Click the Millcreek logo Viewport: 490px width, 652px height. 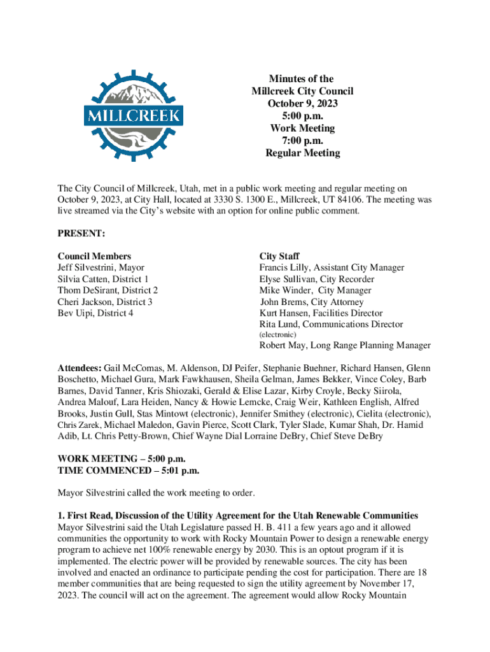(x=134, y=115)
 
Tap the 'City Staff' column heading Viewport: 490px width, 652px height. (x=280, y=257)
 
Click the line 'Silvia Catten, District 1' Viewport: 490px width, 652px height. (x=103, y=279)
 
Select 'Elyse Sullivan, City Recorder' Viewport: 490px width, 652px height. (x=316, y=279)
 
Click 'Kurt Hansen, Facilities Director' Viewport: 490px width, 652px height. (x=321, y=313)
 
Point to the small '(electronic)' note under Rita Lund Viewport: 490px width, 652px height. (x=277, y=334)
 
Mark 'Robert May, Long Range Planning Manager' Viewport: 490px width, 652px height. (x=344, y=346)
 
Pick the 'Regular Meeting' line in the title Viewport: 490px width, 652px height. (x=302, y=153)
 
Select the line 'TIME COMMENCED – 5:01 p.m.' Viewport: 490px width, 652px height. (x=129, y=471)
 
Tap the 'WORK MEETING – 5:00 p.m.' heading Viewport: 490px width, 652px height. (x=122, y=459)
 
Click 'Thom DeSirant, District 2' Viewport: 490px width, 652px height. (x=108, y=290)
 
